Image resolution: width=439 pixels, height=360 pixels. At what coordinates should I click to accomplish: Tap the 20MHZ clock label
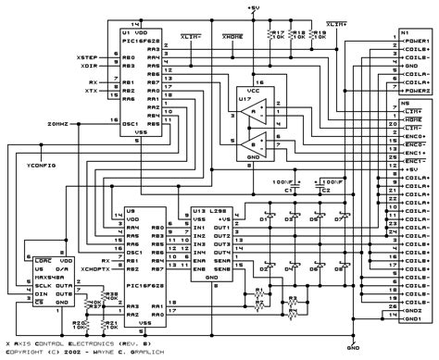pyautogui.click(x=82, y=123)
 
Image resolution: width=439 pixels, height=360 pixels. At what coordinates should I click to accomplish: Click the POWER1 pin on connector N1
pyautogui.click(x=415, y=41)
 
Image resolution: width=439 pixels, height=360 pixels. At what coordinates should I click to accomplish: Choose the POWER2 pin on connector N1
pyautogui.click(x=415, y=92)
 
